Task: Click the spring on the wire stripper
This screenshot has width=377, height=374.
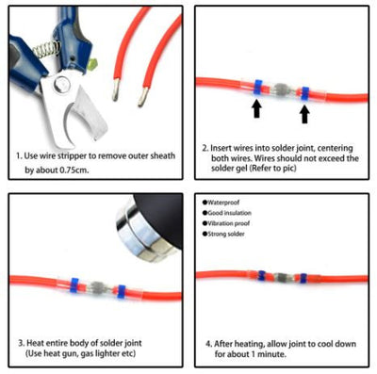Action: click(x=47, y=49)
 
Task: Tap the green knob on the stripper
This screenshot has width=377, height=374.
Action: click(x=93, y=64)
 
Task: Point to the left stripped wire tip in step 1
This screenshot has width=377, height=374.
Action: click(x=116, y=89)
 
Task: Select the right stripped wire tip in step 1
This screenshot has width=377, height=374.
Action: click(x=142, y=96)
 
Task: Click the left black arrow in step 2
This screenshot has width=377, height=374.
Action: click(x=257, y=108)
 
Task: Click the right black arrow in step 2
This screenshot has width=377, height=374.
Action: click(x=304, y=114)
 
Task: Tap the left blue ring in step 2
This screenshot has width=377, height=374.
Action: click(x=258, y=88)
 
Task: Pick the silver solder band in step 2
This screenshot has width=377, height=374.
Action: click(x=281, y=89)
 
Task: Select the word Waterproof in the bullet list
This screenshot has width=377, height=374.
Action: click(x=223, y=203)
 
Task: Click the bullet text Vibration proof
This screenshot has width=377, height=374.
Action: click(x=228, y=223)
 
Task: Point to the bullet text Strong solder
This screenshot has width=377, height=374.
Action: click(x=225, y=234)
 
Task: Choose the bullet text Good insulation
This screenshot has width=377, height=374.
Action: click(x=229, y=213)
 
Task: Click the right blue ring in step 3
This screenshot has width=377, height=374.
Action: click(x=122, y=292)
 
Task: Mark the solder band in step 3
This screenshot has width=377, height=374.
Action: click(x=97, y=287)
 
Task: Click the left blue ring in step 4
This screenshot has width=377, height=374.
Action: click(x=261, y=275)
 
